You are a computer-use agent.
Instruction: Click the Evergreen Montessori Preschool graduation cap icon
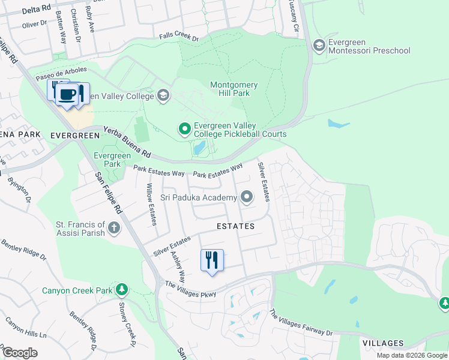(x=319, y=45)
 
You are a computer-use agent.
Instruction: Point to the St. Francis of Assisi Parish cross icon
(x=114, y=227)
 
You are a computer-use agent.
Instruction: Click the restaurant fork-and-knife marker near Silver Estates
(x=211, y=261)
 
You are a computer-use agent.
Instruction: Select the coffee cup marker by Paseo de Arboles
(x=68, y=95)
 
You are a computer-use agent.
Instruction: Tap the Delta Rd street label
(x=21, y=11)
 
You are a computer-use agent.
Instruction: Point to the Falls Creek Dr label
(x=178, y=37)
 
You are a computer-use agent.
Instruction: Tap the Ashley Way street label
(x=177, y=263)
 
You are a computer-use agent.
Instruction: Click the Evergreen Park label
(x=112, y=160)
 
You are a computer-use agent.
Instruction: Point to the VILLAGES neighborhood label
(x=383, y=343)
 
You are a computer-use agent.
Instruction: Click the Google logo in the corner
(x=20, y=353)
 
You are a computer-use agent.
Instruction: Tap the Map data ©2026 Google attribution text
(x=412, y=355)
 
